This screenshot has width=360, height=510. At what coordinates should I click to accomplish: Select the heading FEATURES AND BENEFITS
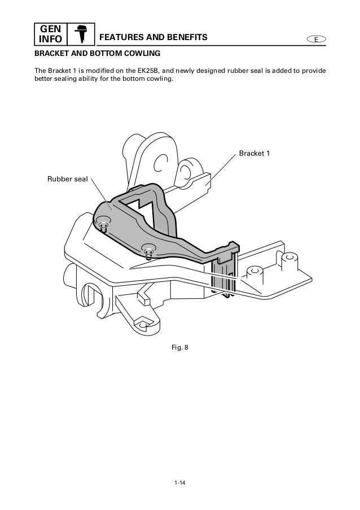tap(153, 38)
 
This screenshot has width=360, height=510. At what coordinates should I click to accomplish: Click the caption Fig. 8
tap(180, 347)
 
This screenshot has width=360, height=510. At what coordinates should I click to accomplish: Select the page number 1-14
tap(180, 483)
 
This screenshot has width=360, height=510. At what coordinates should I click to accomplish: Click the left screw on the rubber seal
tap(103, 225)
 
